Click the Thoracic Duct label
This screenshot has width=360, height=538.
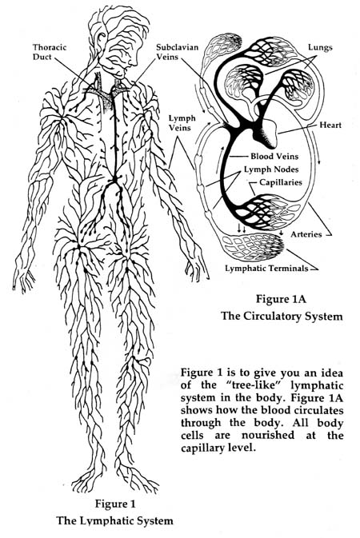click(50, 52)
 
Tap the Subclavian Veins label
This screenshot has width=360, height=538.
click(178, 51)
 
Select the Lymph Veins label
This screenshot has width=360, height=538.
click(182, 122)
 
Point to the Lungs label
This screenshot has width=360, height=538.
click(320, 47)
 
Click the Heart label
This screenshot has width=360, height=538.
click(330, 125)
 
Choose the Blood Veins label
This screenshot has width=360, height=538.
click(274, 156)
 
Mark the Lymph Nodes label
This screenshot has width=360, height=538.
click(271, 169)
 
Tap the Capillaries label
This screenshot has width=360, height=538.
click(280, 182)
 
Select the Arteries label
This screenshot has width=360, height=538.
click(306, 234)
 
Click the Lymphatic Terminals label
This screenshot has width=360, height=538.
click(266, 268)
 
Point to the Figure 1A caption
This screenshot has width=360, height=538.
click(281, 298)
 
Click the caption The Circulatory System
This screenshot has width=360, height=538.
click(282, 316)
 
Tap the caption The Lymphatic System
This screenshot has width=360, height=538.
click(114, 520)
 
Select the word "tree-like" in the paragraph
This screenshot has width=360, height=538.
click(252, 385)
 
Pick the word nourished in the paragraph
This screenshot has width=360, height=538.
click(268, 435)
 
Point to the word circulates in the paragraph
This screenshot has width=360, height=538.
click(317, 410)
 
